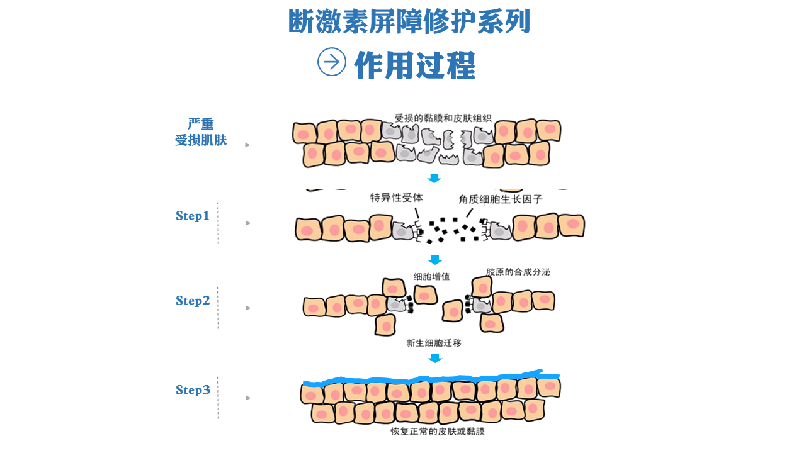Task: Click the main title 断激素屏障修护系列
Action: (x=409, y=21)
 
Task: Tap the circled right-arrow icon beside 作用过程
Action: (x=332, y=62)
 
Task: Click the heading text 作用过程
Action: (x=415, y=65)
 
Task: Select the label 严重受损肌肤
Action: (x=201, y=132)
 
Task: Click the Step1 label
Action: (x=193, y=216)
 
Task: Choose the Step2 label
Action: (x=193, y=301)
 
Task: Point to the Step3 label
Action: (x=193, y=389)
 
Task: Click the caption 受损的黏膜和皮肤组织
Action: (x=443, y=118)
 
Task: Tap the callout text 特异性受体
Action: (x=397, y=198)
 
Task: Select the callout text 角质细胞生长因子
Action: (x=501, y=199)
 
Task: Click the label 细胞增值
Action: (x=431, y=276)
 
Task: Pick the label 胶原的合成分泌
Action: (x=518, y=272)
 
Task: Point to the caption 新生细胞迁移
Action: (x=434, y=343)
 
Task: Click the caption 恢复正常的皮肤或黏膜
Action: (x=438, y=431)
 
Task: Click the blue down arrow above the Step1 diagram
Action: (x=434, y=178)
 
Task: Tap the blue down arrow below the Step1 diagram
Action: (x=435, y=260)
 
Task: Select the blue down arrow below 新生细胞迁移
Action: (x=435, y=358)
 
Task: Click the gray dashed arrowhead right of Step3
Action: (x=248, y=398)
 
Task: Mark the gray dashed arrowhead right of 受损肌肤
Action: (x=247, y=145)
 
